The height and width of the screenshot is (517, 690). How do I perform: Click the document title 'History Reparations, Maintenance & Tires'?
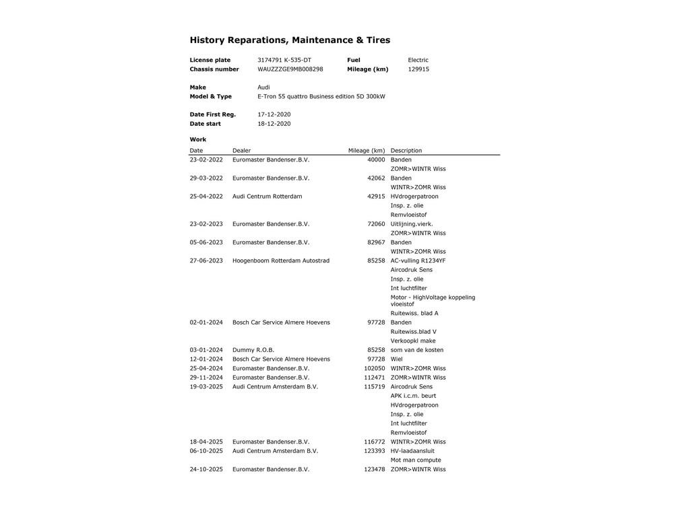tap(290, 40)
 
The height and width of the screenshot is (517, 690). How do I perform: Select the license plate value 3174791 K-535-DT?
tap(284, 60)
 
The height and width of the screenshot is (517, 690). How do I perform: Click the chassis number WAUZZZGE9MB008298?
tap(290, 69)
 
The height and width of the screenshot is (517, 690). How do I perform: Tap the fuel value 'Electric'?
tap(418, 60)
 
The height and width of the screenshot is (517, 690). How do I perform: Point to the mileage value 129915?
tap(418, 69)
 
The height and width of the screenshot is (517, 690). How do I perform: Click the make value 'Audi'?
tap(263, 88)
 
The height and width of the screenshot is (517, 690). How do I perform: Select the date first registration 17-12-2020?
tap(274, 114)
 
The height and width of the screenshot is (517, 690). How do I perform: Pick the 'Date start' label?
tap(205, 124)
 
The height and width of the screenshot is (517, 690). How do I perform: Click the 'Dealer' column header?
tap(241, 151)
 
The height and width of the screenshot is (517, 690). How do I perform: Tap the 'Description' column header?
tap(406, 151)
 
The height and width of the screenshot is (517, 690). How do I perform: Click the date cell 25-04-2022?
tap(206, 197)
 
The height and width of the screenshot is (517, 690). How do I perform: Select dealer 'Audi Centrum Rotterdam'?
tap(267, 197)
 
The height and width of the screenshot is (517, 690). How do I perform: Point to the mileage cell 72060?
tap(376, 224)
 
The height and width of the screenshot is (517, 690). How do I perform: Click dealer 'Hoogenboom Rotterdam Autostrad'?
tap(281, 261)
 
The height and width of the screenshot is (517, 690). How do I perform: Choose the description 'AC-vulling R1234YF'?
tap(418, 261)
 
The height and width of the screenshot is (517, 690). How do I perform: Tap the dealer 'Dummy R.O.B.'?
tap(253, 350)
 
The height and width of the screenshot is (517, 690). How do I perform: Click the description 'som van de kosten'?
tap(417, 350)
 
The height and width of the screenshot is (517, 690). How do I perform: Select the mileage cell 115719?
tap(375, 387)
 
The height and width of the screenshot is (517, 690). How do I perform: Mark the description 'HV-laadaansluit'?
tap(412, 451)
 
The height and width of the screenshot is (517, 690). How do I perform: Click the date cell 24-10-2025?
tap(206, 470)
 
